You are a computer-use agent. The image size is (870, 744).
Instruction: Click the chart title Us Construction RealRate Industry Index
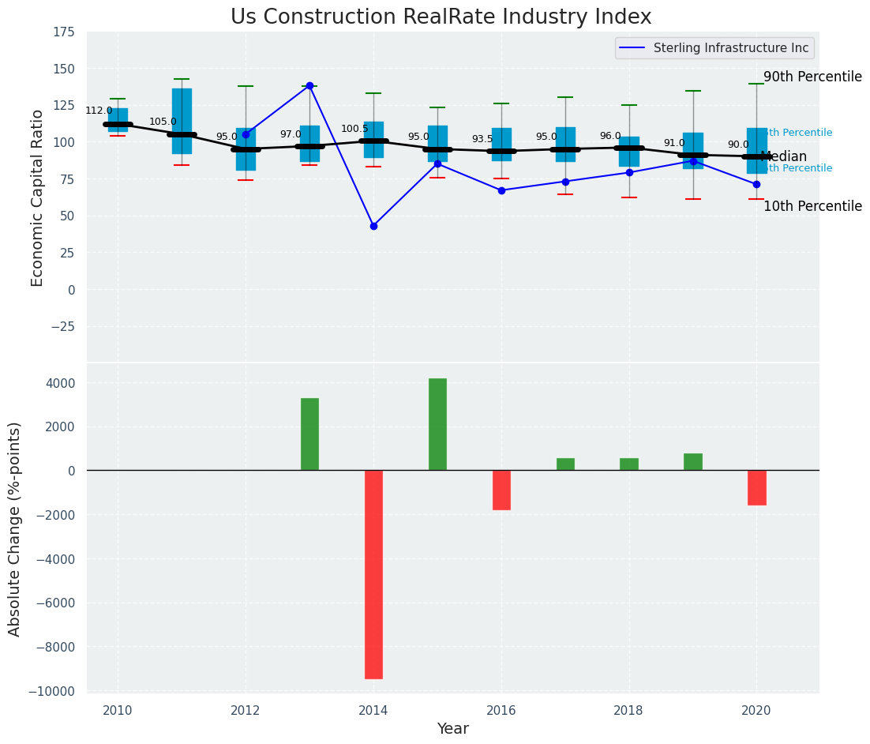[441, 17]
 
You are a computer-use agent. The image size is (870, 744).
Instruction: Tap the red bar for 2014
[373, 574]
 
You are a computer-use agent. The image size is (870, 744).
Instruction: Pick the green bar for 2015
[437, 424]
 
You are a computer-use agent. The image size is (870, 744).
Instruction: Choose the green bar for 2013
[309, 434]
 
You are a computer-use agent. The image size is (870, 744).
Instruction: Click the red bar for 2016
[501, 490]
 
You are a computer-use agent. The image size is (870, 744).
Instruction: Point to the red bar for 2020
[756, 487]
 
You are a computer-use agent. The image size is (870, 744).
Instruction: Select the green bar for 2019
[693, 462]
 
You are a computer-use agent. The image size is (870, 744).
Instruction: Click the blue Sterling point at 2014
[373, 226]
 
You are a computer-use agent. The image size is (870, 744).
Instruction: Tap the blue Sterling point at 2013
[309, 85]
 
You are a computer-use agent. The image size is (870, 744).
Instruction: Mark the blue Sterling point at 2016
[501, 190]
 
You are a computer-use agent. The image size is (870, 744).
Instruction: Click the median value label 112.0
[99, 111]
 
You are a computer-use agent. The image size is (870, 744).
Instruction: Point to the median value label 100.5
[354, 129]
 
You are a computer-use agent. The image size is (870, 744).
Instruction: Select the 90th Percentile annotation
[812, 77]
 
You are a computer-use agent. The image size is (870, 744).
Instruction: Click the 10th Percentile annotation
[812, 206]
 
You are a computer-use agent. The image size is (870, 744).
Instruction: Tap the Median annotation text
[783, 156]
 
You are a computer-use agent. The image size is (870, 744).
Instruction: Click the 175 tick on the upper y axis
[65, 32]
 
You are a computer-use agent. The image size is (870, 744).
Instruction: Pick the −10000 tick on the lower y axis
[51, 692]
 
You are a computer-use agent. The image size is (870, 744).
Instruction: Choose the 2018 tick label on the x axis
[628, 710]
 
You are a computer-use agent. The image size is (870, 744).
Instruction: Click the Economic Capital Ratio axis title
[38, 197]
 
